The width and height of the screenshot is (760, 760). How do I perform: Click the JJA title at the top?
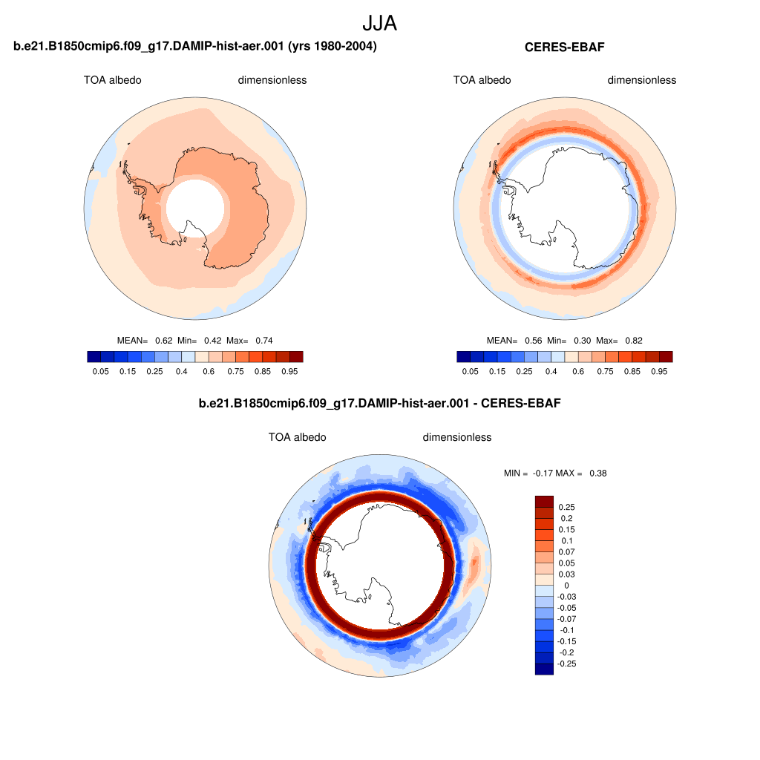pos(379,23)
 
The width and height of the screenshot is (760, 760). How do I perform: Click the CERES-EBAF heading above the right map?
pos(565,47)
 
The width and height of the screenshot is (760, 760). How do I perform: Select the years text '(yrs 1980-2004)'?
pos(332,46)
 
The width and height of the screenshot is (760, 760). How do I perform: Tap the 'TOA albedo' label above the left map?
pos(113,80)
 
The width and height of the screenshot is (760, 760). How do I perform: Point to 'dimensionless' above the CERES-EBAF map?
pos(642,80)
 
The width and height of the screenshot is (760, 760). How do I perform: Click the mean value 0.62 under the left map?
pos(164,341)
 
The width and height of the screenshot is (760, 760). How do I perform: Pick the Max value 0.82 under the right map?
pos(634,341)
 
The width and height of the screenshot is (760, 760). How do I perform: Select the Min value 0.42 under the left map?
pos(213,341)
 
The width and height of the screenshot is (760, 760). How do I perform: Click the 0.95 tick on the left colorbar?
pos(290,371)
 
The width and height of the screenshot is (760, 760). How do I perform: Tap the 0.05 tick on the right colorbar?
pos(470,371)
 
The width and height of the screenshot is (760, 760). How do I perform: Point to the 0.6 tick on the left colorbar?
pos(209,371)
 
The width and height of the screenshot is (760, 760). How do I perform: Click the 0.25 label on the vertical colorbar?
pos(566,507)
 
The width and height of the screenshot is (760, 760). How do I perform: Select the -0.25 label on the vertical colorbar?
pos(566,664)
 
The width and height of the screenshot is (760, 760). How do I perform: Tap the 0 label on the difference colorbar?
pos(566,586)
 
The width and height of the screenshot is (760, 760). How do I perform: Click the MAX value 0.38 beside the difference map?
pos(598,473)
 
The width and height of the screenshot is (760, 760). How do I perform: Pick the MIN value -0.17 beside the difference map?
pos(542,473)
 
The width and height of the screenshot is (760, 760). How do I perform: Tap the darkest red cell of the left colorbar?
pos(296,357)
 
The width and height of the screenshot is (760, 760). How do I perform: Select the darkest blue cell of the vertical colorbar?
pos(544,669)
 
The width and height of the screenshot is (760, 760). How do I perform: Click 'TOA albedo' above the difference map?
pos(298,437)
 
